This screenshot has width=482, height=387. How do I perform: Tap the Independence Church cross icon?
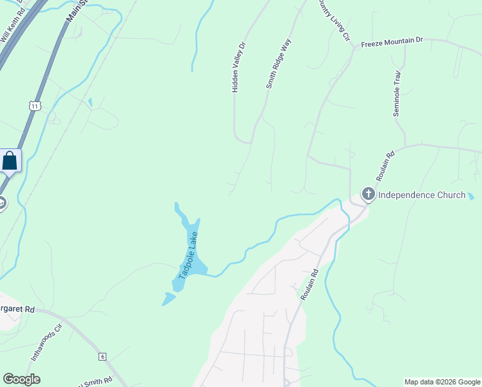(x=368, y=194)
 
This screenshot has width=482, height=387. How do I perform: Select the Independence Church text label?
(x=421, y=195)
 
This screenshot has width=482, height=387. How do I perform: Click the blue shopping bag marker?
(x=10, y=161)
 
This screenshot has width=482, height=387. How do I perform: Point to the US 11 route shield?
(x=35, y=105)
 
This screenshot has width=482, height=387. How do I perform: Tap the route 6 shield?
(x=102, y=356)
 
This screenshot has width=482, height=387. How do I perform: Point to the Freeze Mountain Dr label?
(x=392, y=41)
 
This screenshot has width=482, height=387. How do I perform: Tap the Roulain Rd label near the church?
(x=385, y=166)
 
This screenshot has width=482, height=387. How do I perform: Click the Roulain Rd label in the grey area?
(x=309, y=284)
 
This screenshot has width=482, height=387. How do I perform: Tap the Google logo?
(x=21, y=379)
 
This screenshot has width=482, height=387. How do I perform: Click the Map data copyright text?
(x=442, y=382)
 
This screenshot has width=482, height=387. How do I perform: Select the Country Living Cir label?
(x=333, y=21)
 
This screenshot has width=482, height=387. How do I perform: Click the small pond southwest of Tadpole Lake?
(x=169, y=298)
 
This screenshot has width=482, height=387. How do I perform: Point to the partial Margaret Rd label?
(x=17, y=309)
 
